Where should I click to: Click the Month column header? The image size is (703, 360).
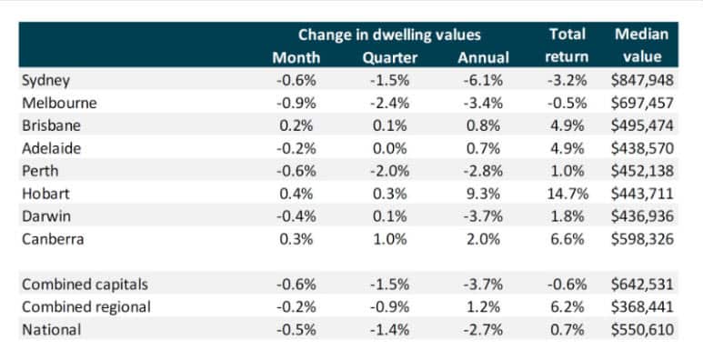coord(296,58)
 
